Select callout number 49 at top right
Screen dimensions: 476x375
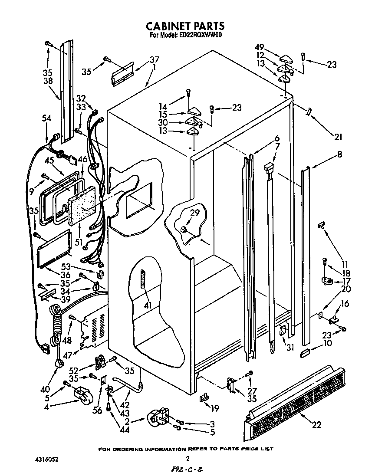(x=259, y=47)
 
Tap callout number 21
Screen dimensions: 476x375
(x=338, y=138)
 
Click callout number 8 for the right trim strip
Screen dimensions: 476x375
(x=339, y=154)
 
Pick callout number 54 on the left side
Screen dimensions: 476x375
(x=46, y=118)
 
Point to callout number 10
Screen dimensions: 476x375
(x=327, y=343)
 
